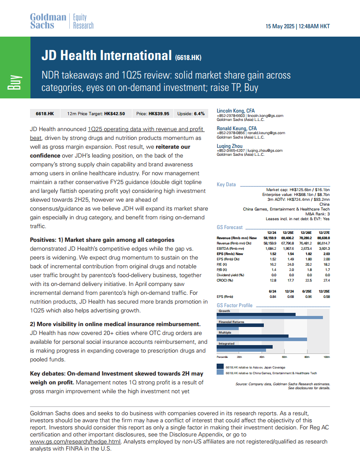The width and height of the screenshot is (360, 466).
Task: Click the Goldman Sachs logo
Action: pos(48,21)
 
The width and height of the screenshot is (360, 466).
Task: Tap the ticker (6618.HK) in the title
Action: pos(188,57)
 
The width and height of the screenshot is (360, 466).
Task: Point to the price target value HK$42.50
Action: pos(115,113)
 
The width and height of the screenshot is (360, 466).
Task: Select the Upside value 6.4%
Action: pos(199,113)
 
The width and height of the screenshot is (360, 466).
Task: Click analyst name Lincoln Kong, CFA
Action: pos(236,111)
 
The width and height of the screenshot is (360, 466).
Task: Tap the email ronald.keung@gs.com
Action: pos(266,133)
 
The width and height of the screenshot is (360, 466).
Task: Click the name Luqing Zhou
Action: pos(229,146)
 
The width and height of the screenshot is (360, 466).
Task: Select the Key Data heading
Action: pos(226,184)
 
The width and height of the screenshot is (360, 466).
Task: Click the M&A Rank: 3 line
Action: pos(318,214)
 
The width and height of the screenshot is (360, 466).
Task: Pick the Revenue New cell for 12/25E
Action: pos(288,238)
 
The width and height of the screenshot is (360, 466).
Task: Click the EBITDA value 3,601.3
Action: pos(324,248)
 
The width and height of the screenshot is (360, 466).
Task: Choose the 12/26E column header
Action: pos(306,233)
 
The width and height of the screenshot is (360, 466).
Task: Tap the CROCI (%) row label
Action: pos(225,280)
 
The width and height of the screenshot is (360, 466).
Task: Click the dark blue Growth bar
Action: pos(256,315)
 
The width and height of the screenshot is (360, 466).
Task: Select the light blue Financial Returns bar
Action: pos(228,328)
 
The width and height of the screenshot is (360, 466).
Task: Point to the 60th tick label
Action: pos(284,357)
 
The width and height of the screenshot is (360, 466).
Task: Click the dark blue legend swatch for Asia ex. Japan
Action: pos(220,366)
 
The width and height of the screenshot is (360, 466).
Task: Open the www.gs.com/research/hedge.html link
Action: pos(75,442)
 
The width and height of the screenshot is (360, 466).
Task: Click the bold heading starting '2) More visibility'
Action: pos(115,324)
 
